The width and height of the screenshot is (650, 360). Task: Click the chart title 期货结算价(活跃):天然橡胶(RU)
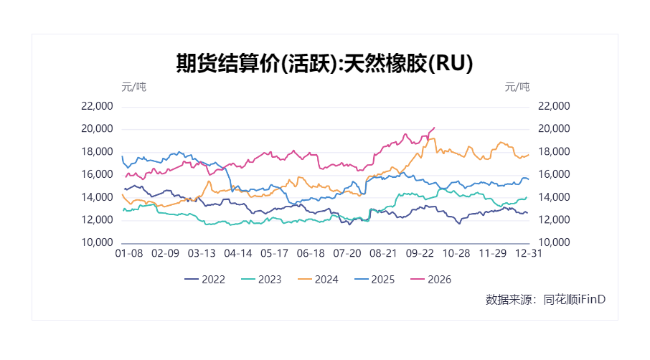coord(324,63)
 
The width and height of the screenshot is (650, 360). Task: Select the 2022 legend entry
coord(204,280)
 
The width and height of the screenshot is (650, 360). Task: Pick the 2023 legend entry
coord(261,280)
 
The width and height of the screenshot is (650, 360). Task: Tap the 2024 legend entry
coord(318,280)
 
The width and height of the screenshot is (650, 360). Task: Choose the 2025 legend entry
coord(375,280)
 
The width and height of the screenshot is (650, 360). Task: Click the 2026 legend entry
coord(430,280)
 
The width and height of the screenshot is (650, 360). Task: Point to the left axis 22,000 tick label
coord(97,106)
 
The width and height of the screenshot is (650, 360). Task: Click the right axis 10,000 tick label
coord(554,242)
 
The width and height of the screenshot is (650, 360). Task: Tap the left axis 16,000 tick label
coord(97,174)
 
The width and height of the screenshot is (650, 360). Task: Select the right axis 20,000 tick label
coord(554,129)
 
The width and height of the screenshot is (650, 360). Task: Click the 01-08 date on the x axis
coord(129,253)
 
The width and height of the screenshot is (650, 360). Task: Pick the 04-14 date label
coord(238,253)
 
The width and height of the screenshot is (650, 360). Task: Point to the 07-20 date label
coord(347,253)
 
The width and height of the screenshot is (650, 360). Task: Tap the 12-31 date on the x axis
coord(529,253)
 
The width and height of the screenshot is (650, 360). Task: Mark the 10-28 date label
coord(456,253)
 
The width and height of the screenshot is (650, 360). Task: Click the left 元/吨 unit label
coord(134,87)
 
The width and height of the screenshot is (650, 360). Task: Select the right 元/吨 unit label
coord(517,87)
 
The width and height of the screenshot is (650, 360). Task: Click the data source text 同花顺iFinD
coord(574,300)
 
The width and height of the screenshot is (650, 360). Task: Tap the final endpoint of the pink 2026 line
coord(434,128)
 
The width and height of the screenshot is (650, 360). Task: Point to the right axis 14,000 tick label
coord(554,197)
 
